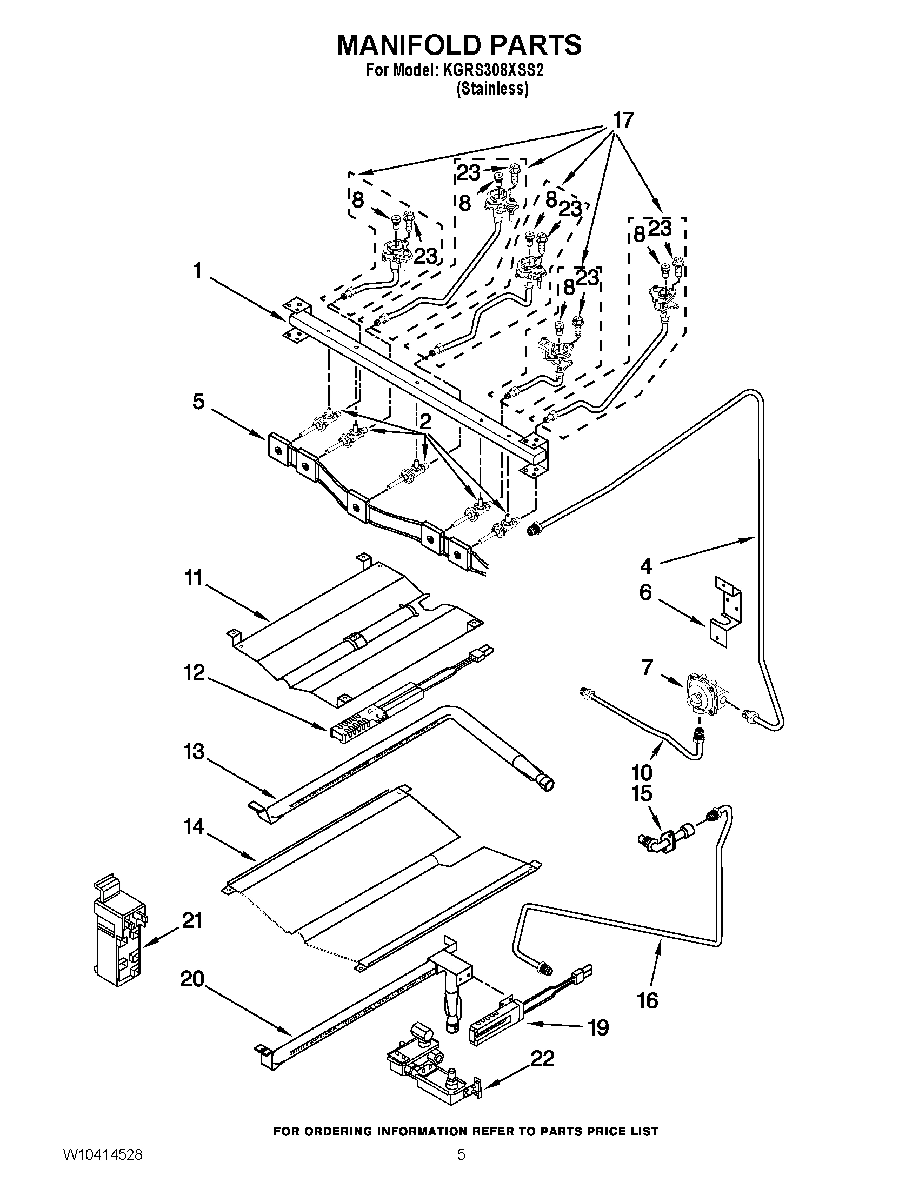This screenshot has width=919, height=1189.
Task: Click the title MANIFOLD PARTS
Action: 459,45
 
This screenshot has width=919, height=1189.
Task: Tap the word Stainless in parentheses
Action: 492,89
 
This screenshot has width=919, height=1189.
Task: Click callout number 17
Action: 623,121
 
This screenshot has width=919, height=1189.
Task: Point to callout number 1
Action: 198,271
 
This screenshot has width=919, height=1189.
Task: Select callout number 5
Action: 198,402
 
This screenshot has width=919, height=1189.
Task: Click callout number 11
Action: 194,578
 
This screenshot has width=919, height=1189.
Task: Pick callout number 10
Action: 642,772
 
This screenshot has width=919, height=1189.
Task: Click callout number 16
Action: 648,1000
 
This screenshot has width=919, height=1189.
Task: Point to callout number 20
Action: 192,979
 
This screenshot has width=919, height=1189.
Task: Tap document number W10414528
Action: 103,1168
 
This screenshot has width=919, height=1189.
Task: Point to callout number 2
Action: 425,421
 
